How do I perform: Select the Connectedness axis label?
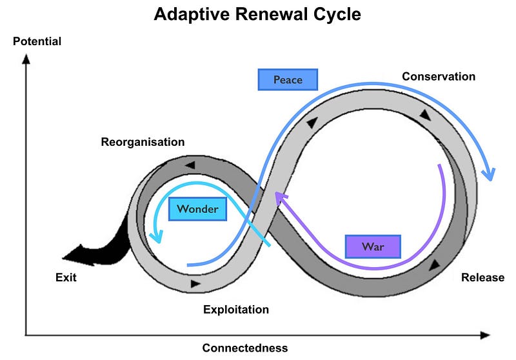245,348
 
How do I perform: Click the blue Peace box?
288,80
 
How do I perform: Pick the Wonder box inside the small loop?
197,209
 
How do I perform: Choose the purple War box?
373,246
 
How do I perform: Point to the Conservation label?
439,77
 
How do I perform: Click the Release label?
482,277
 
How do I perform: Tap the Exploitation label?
236,310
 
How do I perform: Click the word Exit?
66,278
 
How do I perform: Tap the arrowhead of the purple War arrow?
278,195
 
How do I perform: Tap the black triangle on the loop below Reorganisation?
190,165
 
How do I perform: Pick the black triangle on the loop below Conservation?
425,115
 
